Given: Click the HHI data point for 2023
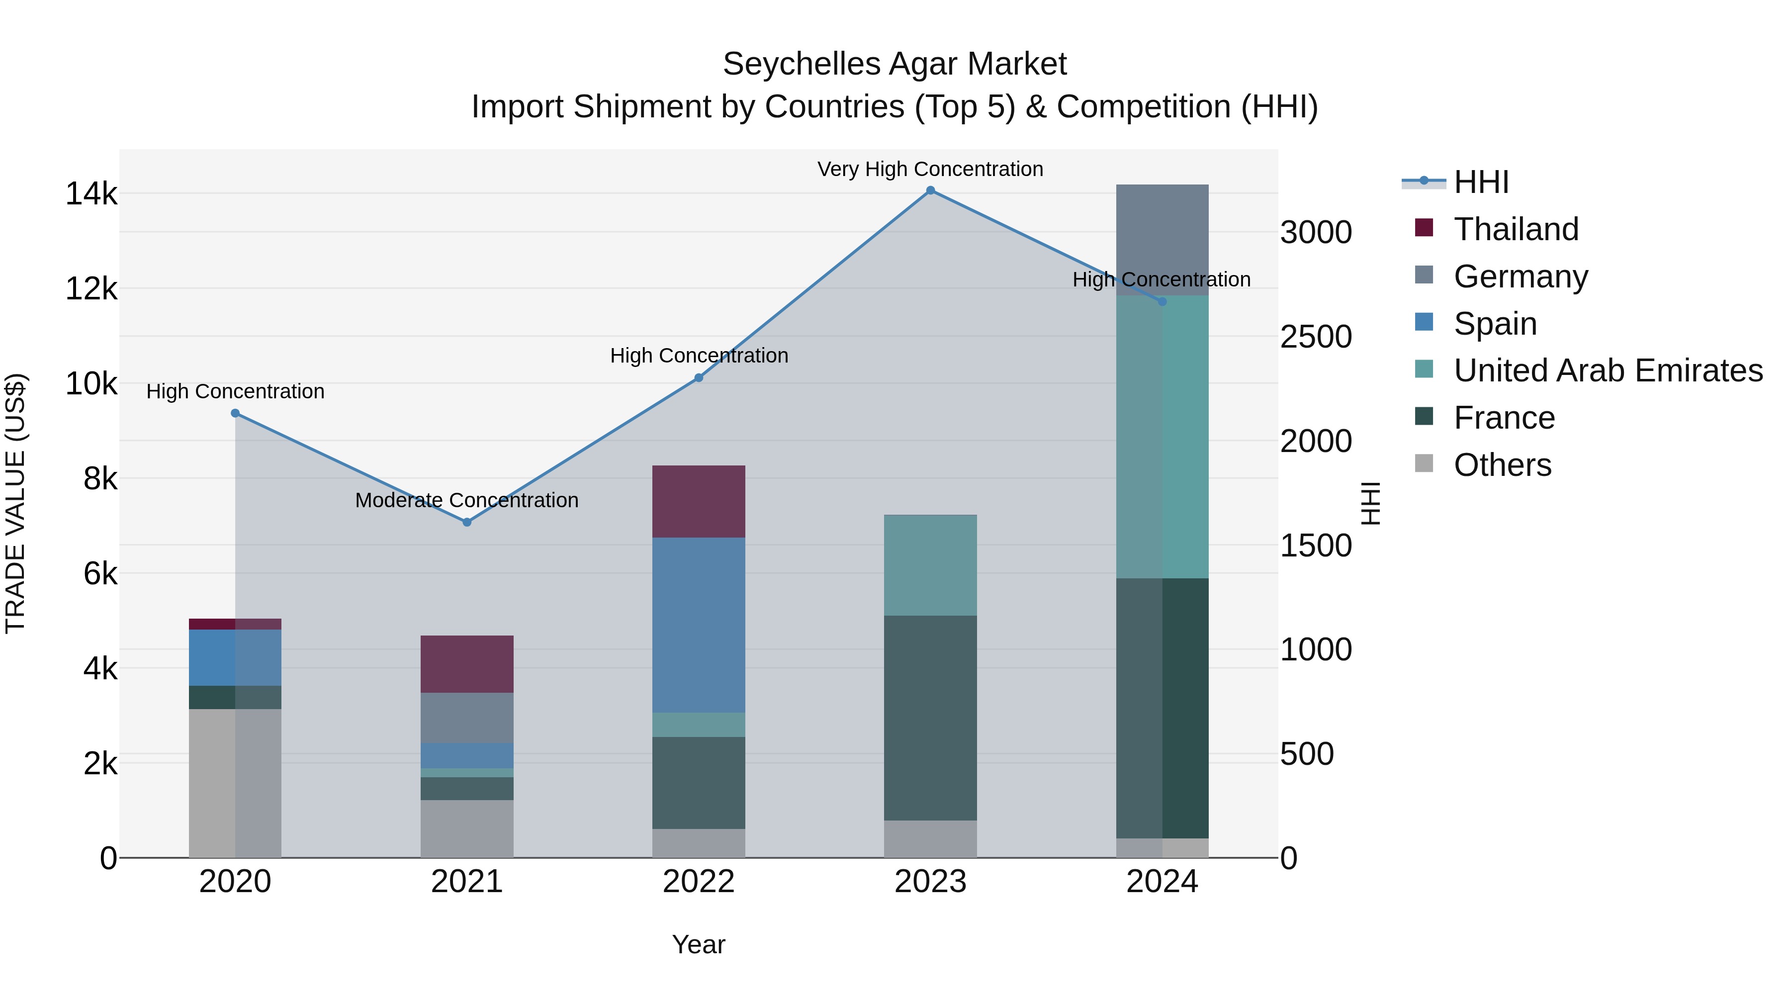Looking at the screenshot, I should click(x=930, y=190).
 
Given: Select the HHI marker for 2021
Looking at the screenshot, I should click(x=467, y=522).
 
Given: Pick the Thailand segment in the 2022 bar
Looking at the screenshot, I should click(x=699, y=501).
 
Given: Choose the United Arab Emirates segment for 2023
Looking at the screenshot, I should click(x=930, y=565).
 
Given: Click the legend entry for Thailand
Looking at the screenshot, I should click(x=1516, y=229).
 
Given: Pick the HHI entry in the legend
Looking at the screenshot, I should click(x=1480, y=182).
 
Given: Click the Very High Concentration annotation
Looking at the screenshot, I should click(x=930, y=169).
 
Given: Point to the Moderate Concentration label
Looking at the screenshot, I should click(x=466, y=500).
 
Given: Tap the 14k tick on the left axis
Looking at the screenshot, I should click(x=91, y=193).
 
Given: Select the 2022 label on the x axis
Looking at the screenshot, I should click(x=699, y=882).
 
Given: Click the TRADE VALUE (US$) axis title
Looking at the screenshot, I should click(x=15, y=503).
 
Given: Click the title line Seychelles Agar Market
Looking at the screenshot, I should click(x=895, y=64).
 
